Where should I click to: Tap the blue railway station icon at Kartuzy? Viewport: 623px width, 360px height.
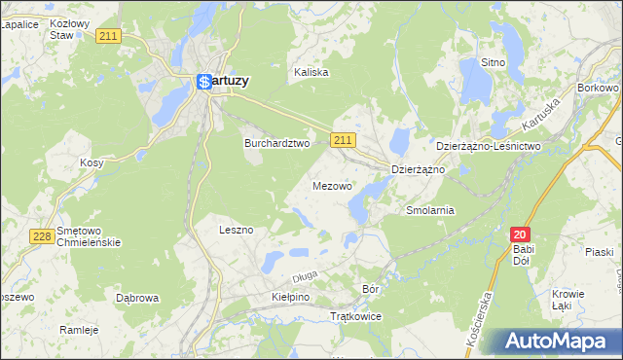pos(204,83)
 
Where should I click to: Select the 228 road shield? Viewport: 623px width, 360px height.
pos(41,236)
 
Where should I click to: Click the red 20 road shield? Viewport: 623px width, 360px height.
pos(521,234)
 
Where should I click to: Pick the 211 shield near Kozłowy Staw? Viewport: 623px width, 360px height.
pos(108,36)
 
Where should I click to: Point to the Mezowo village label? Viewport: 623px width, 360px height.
pos(333,185)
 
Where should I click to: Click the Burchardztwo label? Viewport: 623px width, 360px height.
pos(275,142)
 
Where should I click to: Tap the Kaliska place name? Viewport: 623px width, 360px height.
pos(311,72)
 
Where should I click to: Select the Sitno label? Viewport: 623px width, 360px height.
pos(494,62)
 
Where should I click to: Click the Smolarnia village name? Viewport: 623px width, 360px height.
pos(430,210)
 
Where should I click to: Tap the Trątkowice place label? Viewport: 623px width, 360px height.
pos(356,317)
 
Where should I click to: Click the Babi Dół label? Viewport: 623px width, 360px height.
pos(524,255)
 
